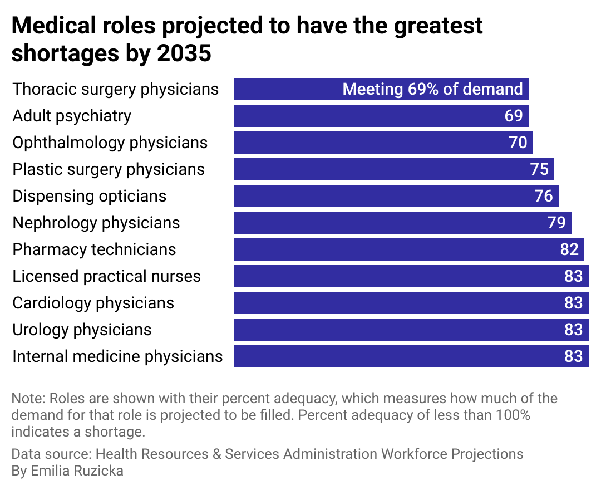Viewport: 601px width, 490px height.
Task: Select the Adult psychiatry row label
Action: tap(72, 116)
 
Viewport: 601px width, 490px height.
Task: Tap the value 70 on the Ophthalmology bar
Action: tap(518, 143)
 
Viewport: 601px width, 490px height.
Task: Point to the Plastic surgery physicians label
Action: tap(109, 169)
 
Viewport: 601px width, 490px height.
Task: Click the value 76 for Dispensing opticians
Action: tap(543, 196)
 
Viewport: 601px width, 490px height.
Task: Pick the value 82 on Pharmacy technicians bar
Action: tap(569, 249)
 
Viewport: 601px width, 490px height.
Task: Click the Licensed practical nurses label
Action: tap(106, 276)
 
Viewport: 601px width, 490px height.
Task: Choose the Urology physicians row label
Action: tap(82, 330)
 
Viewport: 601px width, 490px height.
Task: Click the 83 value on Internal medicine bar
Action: tap(573, 356)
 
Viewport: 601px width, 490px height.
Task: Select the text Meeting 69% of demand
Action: tap(432, 89)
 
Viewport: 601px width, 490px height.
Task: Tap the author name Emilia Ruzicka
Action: tap(76, 471)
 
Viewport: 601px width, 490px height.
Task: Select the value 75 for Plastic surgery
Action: tap(539, 169)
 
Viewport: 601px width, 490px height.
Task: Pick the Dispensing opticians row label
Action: tap(89, 196)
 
